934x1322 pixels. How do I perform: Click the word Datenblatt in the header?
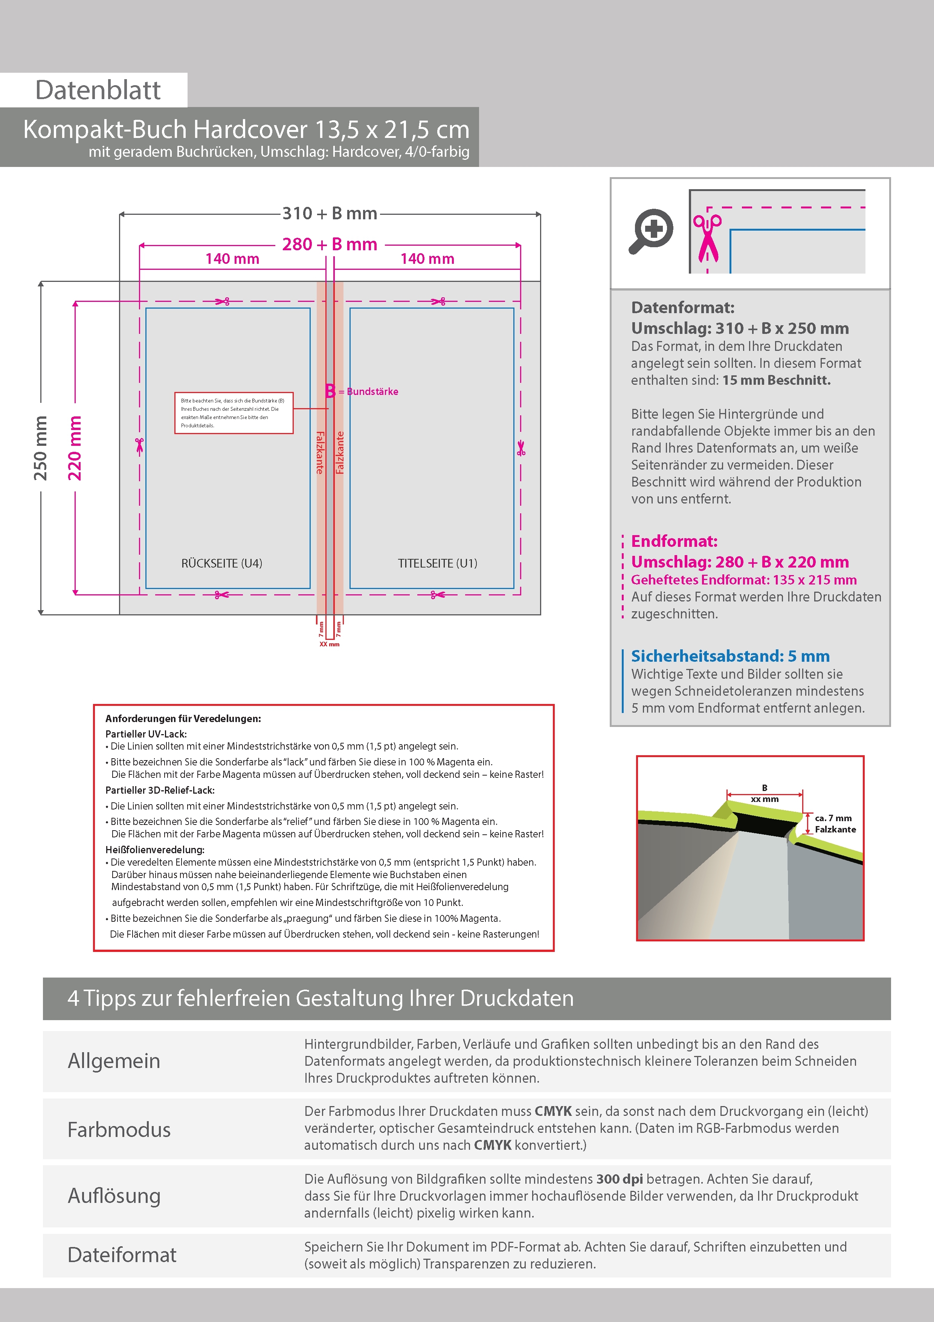98,90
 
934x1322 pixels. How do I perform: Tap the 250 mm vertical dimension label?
40,448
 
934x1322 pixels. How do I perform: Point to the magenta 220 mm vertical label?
75,448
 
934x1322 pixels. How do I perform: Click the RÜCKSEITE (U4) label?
221,563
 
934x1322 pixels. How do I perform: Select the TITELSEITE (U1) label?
437,563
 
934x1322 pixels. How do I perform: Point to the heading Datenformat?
682,308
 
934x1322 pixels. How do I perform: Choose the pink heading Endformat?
674,541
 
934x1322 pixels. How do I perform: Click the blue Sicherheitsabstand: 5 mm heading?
730,656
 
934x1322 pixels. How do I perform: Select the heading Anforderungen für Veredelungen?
183,719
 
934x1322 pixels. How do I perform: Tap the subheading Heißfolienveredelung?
155,849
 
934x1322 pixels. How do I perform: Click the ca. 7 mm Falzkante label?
835,823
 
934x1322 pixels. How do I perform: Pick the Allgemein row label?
114,1060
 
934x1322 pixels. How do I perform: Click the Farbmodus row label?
119,1129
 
